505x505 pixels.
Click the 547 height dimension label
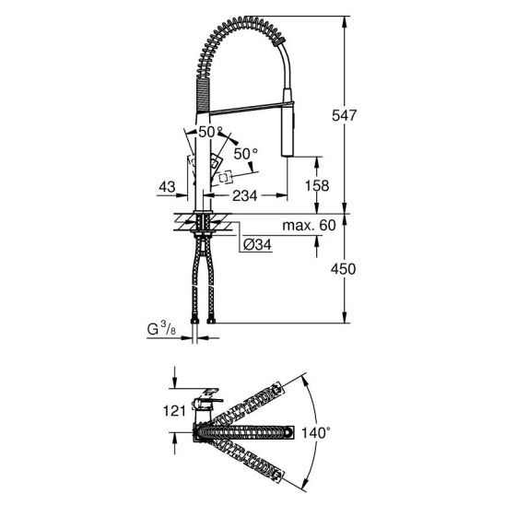[x=345, y=115]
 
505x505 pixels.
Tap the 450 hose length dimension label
[x=344, y=269]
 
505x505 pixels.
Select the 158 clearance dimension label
[x=317, y=185]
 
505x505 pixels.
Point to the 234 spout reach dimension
[x=245, y=195]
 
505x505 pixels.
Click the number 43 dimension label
[x=167, y=187]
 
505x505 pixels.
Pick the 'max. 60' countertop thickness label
[x=310, y=226]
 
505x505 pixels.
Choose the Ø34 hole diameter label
[x=257, y=245]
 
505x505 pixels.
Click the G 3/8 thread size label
[x=161, y=329]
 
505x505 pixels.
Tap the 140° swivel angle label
[x=316, y=433]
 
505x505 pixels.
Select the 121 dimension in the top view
[x=174, y=411]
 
